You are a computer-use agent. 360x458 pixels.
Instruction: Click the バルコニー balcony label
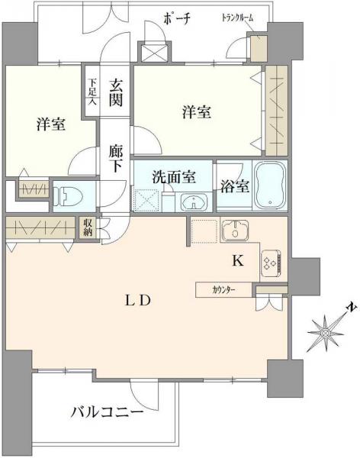(x=108, y=413)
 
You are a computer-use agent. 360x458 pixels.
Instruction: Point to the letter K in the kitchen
(x=237, y=261)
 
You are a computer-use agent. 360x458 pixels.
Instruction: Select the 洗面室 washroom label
(x=173, y=177)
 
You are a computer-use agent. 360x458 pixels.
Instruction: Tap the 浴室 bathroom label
(x=234, y=185)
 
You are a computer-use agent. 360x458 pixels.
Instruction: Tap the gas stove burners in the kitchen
(x=270, y=262)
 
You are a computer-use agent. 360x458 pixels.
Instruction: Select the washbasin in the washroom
(x=195, y=203)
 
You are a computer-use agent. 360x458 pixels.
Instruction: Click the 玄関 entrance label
(x=115, y=92)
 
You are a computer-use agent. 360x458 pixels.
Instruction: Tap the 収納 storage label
(x=89, y=227)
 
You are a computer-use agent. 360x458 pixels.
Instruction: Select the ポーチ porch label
(x=176, y=18)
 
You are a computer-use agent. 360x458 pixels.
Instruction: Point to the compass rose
(x=326, y=331)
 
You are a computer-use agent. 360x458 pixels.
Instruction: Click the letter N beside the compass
(x=349, y=308)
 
